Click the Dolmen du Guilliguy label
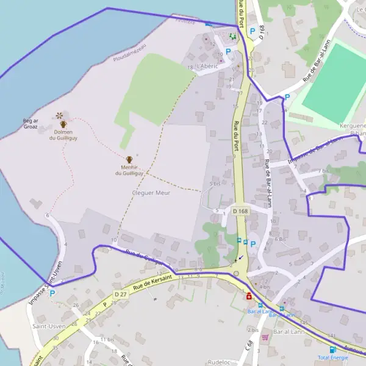65,135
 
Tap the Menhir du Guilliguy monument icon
129,160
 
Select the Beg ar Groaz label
30,124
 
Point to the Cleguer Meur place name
151,193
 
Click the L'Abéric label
207,66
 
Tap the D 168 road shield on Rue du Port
239,211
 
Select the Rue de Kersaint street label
149,285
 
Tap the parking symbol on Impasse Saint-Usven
52,293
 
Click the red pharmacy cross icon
249,297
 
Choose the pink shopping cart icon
265,337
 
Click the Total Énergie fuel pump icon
333,350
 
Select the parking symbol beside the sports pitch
287,97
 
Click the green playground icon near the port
232,37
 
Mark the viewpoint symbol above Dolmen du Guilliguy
59,115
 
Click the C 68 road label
249,345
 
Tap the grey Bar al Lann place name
289,331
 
